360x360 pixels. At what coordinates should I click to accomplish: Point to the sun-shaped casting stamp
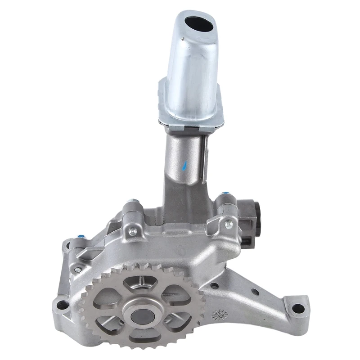pyautogui.click(x=219, y=315)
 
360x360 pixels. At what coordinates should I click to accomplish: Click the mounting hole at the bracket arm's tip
pyautogui.click(x=297, y=309)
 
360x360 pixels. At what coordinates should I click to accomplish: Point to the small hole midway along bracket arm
pyautogui.click(x=255, y=292)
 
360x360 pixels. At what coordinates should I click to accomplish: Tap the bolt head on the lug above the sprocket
pyautogui.click(x=132, y=231)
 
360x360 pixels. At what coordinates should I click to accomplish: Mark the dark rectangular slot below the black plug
pyautogui.click(x=245, y=240)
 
